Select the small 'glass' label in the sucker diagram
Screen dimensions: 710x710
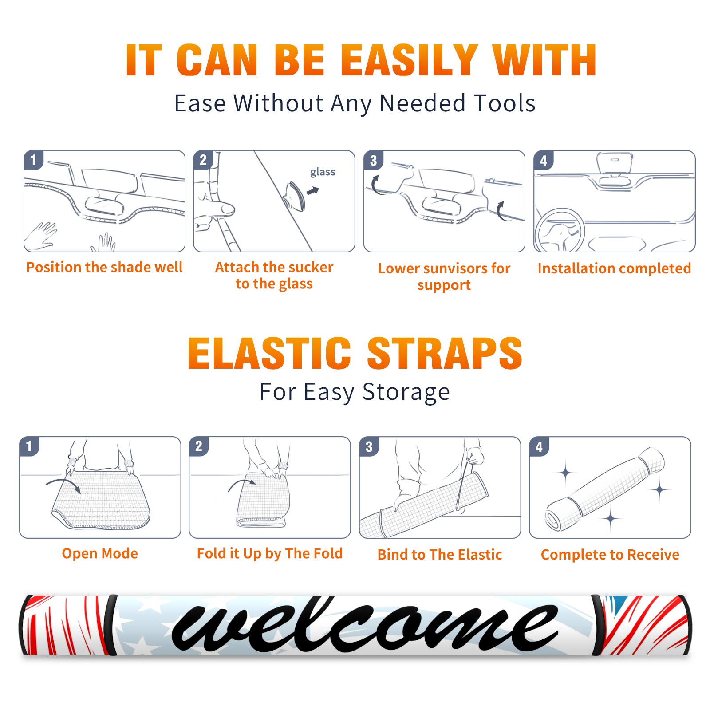[323, 172]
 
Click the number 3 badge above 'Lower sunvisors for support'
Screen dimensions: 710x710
[374, 161]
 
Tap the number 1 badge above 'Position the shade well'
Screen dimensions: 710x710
[33, 160]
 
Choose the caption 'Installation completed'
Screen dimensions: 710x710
[614, 268]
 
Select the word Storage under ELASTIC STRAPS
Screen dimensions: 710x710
[406, 392]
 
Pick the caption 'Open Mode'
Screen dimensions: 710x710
[100, 553]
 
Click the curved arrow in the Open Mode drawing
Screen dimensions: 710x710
[63, 483]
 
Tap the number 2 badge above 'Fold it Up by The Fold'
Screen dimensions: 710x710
[199, 446]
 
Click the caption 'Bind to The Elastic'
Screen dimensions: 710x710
[440, 555]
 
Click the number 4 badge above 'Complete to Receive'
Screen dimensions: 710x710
[539, 446]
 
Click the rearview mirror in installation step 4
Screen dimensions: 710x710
[615, 163]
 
